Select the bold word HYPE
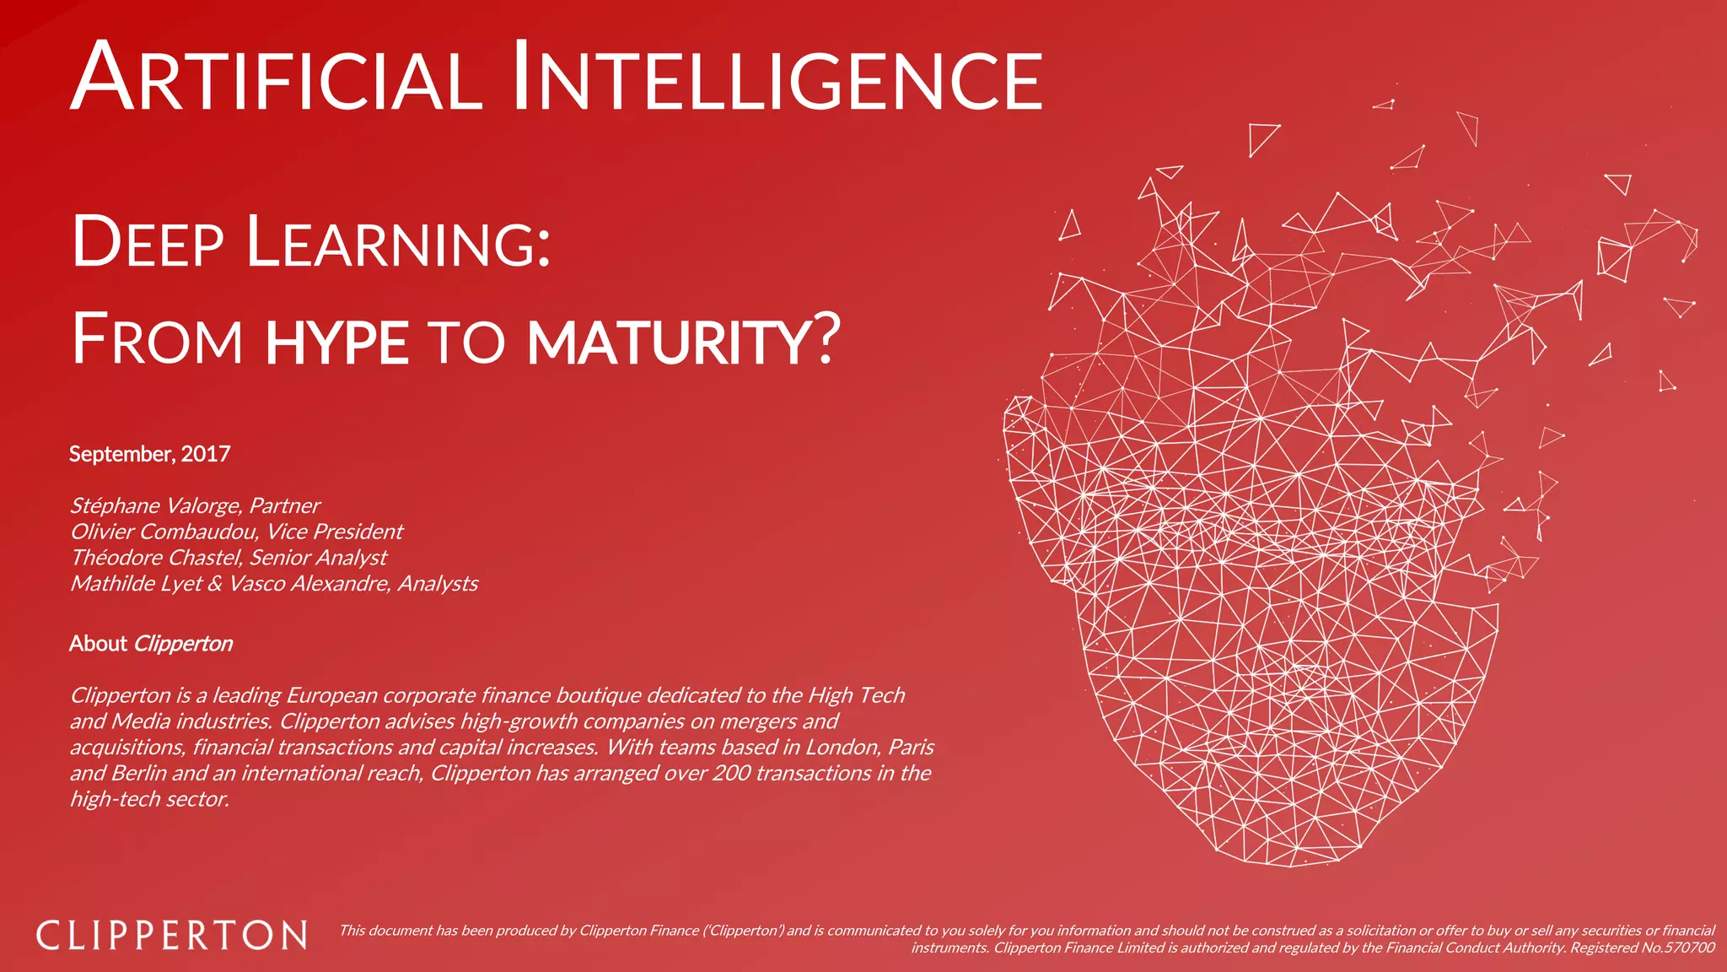click(336, 342)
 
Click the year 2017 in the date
click(206, 454)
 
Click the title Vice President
click(335, 532)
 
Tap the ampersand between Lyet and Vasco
click(215, 584)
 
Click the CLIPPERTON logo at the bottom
click(172, 936)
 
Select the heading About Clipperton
click(151, 644)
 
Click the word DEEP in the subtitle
click(148, 243)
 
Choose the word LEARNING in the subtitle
click(397, 243)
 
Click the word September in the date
click(121, 454)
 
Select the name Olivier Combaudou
click(164, 532)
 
